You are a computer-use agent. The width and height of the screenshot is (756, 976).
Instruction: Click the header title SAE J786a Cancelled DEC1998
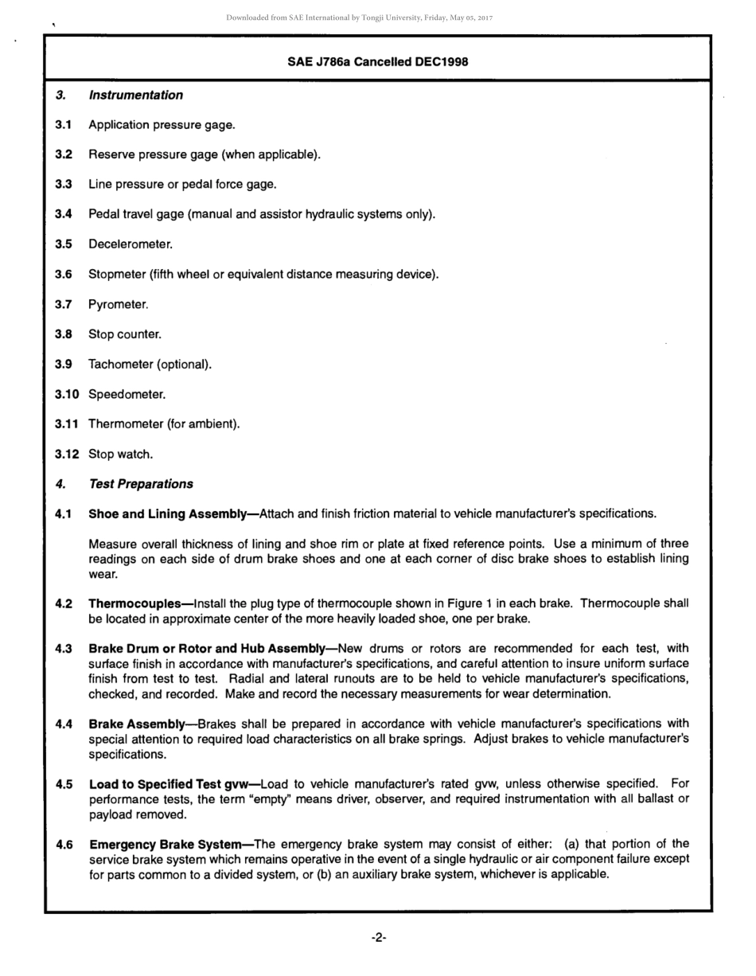tap(377, 62)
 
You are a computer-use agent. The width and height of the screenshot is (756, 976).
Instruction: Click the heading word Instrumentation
tap(135, 96)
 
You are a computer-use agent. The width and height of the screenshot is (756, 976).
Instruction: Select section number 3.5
tap(64, 244)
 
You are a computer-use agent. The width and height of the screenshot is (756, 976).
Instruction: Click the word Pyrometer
tap(118, 304)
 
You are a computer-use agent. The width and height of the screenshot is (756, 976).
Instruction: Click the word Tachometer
tap(120, 365)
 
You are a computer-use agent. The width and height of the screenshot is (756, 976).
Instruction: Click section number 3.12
tap(67, 455)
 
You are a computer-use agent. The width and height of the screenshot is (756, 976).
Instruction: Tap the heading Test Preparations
tap(141, 484)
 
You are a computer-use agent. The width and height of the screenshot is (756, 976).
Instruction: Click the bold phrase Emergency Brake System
tap(165, 844)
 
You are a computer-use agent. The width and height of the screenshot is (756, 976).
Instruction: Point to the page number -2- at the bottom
tap(379, 939)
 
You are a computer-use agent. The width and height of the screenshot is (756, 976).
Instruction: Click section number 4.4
tap(64, 724)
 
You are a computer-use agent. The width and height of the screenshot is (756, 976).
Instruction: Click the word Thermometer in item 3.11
tap(125, 424)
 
